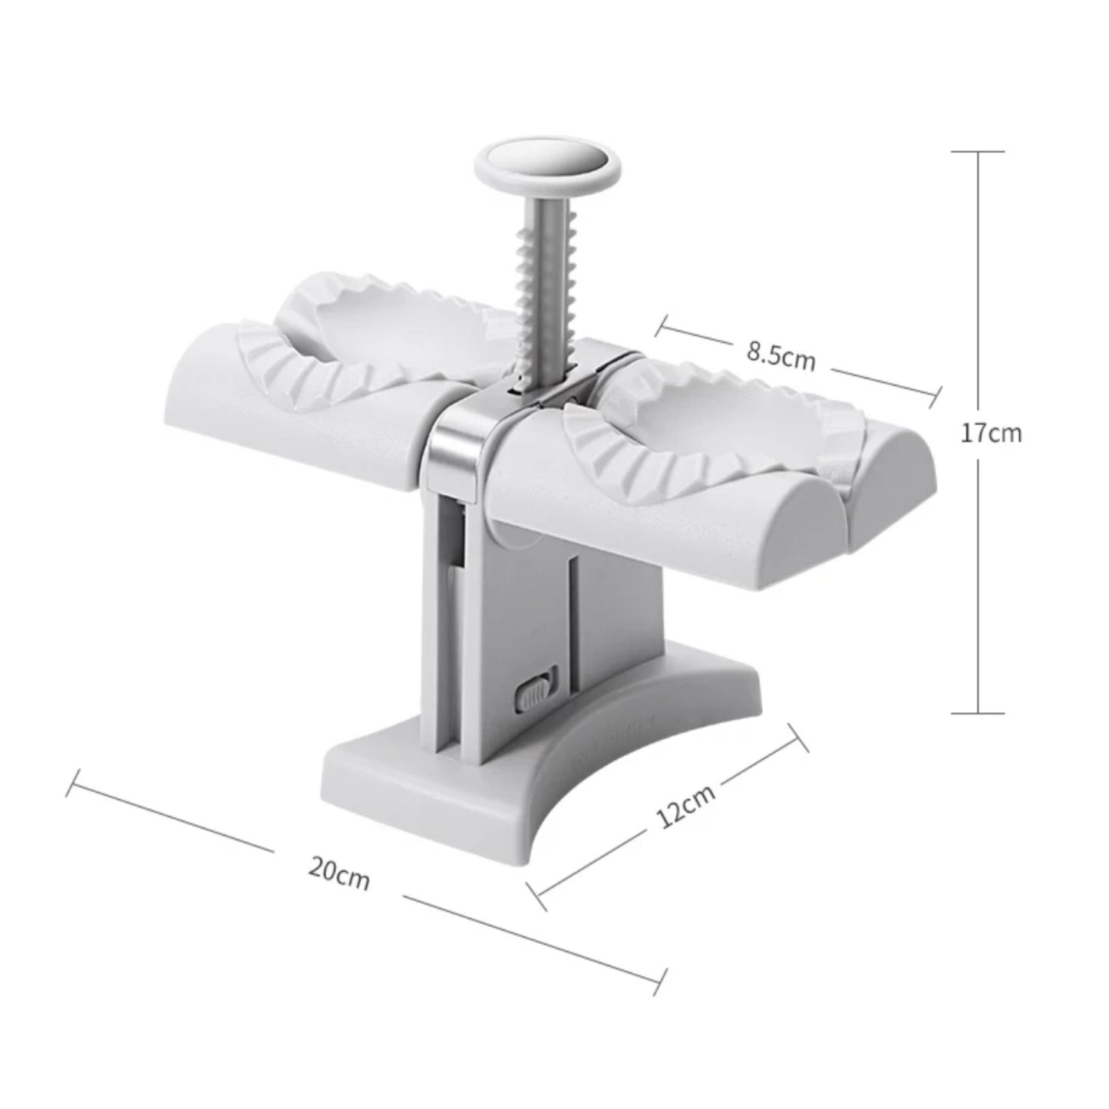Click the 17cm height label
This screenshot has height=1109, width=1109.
coord(991,434)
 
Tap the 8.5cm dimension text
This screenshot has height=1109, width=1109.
coord(781,357)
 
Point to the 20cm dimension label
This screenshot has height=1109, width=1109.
coord(339,873)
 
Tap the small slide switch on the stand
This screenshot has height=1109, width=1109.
coord(535,691)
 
